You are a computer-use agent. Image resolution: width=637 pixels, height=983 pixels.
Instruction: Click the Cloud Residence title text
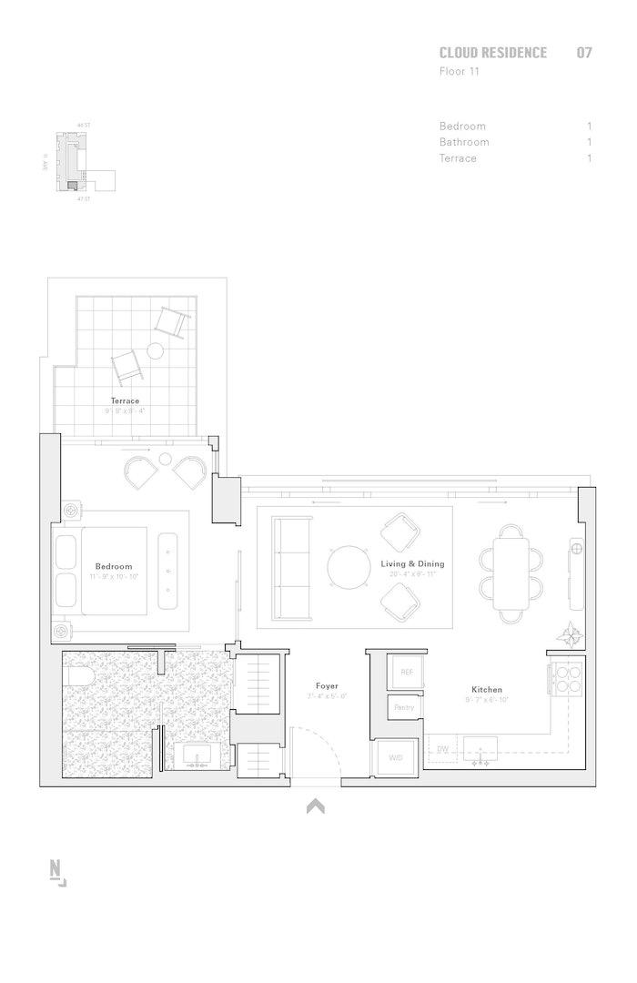[492, 53]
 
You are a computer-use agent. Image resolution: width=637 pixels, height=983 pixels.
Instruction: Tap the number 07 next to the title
[583, 53]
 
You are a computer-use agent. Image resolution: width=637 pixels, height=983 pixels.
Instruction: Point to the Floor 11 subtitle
[459, 71]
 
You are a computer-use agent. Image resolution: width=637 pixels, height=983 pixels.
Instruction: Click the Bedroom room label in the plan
[113, 566]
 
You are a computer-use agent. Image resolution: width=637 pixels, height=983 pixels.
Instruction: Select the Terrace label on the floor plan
[125, 400]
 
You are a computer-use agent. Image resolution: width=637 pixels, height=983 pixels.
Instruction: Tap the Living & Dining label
[412, 564]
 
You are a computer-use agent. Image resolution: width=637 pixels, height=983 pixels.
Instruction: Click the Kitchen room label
[486, 690]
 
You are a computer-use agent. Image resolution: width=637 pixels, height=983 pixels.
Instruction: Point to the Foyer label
[327, 685]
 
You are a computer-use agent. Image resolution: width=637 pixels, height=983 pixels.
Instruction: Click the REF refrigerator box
[406, 672]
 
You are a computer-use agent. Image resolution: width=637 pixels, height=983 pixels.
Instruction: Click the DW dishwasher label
[443, 750]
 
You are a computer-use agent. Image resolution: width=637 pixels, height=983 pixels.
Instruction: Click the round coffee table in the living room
[349, 566]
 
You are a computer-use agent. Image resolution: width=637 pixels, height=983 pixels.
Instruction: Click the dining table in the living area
[510, 574]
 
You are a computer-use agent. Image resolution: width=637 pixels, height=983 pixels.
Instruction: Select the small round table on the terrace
[155, 350]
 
